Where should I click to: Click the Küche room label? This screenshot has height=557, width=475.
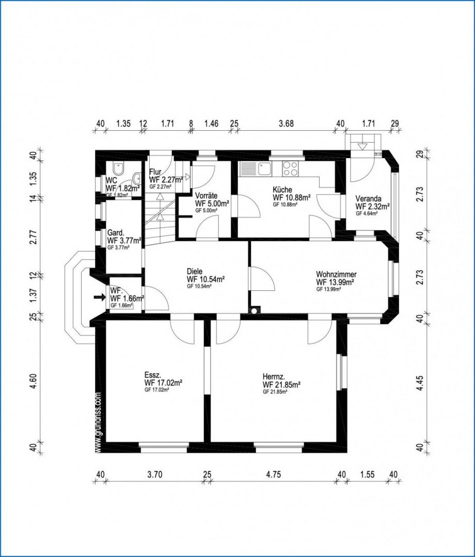click(x=282, y=190)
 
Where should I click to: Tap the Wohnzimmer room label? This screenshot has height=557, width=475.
click(x=336, y=274)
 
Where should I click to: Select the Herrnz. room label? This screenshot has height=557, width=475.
click(x=273, y=377)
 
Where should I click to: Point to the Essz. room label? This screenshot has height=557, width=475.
click(x=154, y=375)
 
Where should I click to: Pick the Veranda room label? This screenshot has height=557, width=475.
click(x=368, y=198)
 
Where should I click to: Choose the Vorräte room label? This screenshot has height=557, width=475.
click(x=207, y=196)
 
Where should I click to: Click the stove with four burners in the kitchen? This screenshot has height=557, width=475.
click(x=290, y=169)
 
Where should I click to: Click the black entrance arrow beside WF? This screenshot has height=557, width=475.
click(x=99, y=297)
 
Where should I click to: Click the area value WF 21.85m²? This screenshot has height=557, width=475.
click(x=281, y=385)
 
